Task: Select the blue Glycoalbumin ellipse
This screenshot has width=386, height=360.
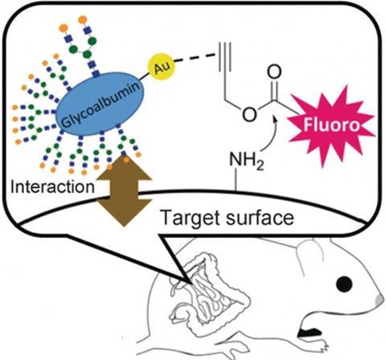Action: point(100,104)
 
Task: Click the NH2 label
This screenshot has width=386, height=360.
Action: point(246,161)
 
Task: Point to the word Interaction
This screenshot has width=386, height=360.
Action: point(52,187)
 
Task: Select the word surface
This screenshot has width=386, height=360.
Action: point(260,218)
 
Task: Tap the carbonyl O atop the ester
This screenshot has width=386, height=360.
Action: point(274,72)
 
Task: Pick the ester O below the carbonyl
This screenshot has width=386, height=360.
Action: point(249,114)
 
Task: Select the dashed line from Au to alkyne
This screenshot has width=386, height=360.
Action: point(195,59)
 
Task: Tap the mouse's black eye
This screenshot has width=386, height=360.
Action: point(344,284)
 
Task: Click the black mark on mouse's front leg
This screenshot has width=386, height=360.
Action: point(310,333)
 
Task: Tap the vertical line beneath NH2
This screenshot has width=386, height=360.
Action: point(236,181)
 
